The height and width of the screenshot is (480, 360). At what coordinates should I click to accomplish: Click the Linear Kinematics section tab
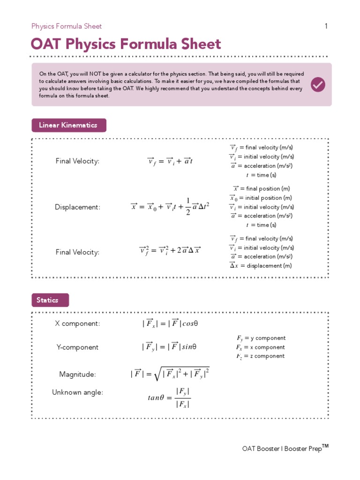pos(68,125)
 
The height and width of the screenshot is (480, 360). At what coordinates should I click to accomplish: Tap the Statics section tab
pos(50,300)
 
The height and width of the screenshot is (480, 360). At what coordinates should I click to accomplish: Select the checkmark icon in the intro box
pos(318,84)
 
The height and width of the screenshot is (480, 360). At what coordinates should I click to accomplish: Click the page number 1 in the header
pos(326,26)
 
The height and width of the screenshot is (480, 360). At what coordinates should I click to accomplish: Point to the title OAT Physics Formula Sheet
pos(126,45)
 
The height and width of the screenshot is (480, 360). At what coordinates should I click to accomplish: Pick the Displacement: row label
pos(77,207)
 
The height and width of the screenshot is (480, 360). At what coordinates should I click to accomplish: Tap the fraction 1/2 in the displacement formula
pos(188,207)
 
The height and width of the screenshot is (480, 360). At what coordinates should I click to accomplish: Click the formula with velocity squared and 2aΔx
pos(170,250)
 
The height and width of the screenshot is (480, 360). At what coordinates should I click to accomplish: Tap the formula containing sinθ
pos(169,347)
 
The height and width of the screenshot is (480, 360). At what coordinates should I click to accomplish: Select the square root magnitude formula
pos(170,374)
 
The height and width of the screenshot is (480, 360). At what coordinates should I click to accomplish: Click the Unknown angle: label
pos(77,392)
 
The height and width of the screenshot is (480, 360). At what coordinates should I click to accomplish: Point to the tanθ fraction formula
pos(169,397)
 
